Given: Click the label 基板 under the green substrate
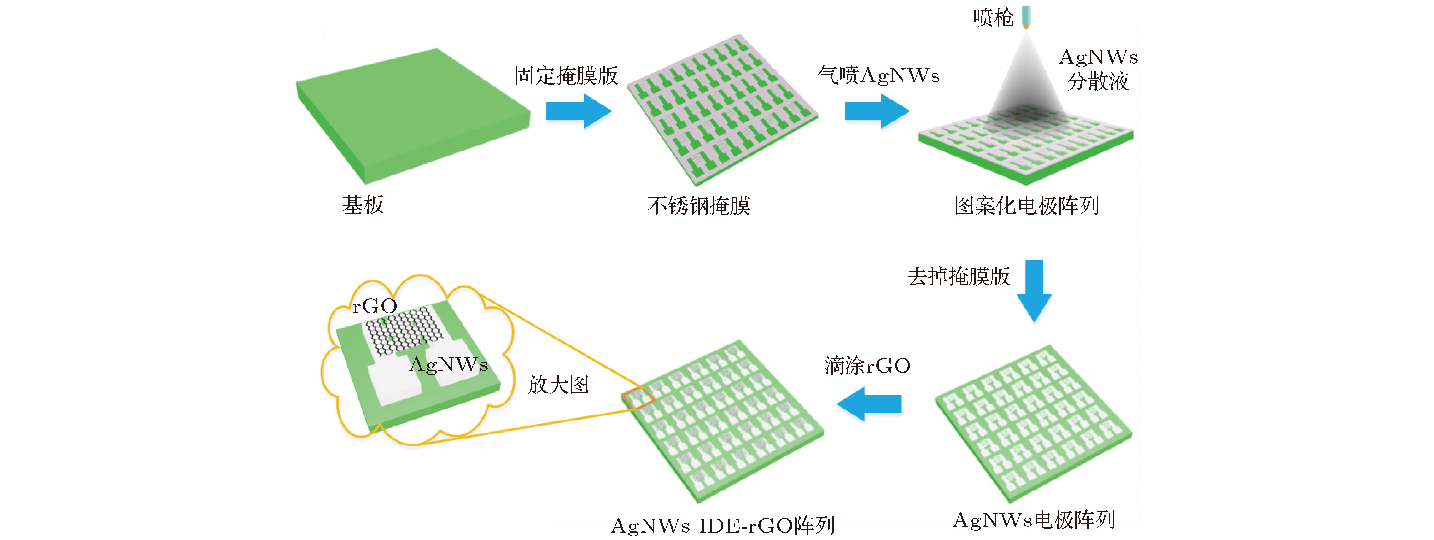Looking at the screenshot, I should (363, 205).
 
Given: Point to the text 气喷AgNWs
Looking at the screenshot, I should (878, 75).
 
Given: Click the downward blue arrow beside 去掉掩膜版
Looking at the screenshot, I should (1034, 290).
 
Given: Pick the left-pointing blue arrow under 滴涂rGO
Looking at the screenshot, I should (869, 404).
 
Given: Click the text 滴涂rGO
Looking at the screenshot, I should (867, 366).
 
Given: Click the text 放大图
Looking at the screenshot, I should (558, 385).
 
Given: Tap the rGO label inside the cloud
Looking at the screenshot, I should (375, 306).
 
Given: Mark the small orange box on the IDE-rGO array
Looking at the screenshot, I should (637, 398).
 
